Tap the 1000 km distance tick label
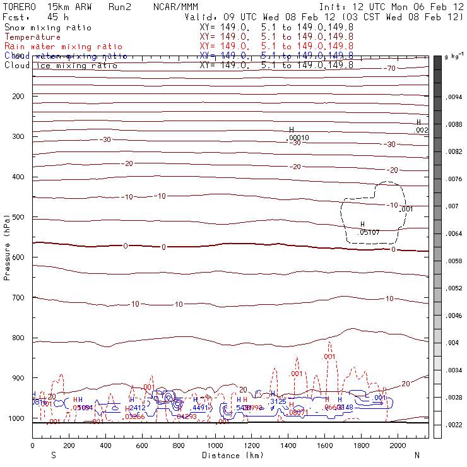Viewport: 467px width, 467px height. coord(216,446)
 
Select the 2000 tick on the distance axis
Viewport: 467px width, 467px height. coord(398,446)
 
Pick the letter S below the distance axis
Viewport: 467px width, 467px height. coord(54,454)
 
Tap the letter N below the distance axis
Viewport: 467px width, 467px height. coord(417,454)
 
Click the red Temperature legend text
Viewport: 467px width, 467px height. coord(33,37)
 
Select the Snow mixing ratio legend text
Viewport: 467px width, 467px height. coord(48,28)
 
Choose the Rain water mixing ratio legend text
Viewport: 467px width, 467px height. coord(55,47)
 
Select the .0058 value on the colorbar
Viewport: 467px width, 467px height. coord(455,261)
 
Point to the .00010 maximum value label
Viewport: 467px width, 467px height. coord(298,138)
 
